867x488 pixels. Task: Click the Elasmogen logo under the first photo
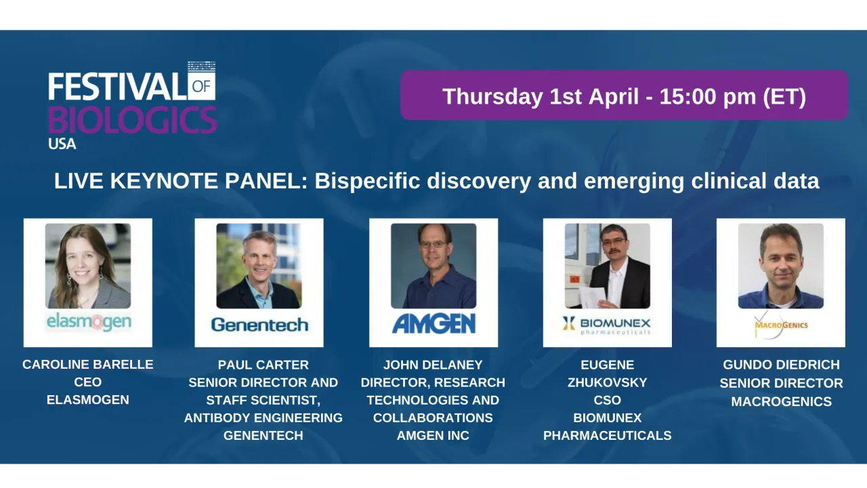pos(88,322)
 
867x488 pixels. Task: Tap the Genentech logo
pos(259,325)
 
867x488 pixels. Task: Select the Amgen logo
pos(433,323)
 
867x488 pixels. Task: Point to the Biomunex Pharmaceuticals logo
pos(607,324)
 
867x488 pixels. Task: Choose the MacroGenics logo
pos(781,325)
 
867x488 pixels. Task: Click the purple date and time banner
pos(624,96)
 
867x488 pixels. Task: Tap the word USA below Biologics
pos(62,144)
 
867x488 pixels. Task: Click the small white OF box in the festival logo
pos(202,86)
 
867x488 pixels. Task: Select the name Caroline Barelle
pos(88,365)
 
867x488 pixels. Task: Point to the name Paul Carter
pos(263,365)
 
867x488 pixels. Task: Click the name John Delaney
pos(433,365)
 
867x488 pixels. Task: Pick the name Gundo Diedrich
pos(781,365)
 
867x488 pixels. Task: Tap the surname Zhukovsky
pos(607,382)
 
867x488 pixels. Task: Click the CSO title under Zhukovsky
pos(607,400)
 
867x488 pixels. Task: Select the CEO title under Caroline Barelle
pos(88,382)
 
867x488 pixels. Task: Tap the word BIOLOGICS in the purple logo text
pos(133,120)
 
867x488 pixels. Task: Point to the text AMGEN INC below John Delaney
pos(433,435)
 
